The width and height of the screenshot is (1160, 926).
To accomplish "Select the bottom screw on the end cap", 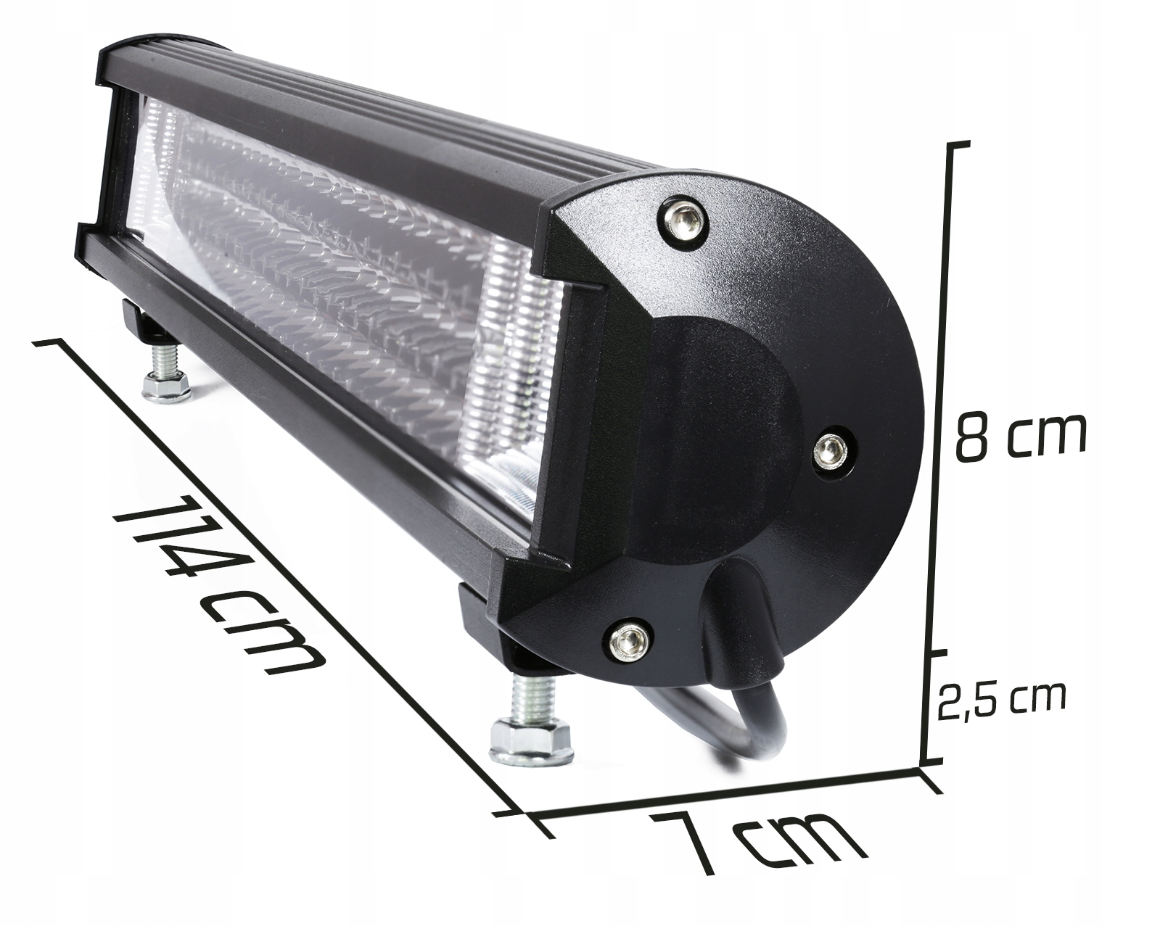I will click(x=625, y=640).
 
